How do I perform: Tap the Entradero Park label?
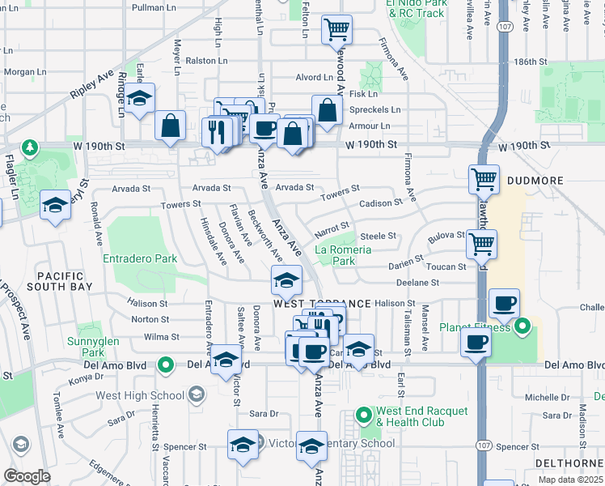tap(140, 259)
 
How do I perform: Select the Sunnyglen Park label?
tap(94, 347)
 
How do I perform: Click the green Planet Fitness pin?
tap(522, 327)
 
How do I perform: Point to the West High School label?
tap(140, 395)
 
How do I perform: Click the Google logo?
tap(27, 475)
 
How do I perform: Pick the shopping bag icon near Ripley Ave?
tap(170, 126)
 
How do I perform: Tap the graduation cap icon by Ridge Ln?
tap(141, 98)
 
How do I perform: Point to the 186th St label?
tap(531, 62)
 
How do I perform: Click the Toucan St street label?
tap(446, 266)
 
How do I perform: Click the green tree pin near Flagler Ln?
tap(30, 147)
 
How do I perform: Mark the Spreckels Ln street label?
tap(374, 109)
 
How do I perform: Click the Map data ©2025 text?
tap(570, 480)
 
